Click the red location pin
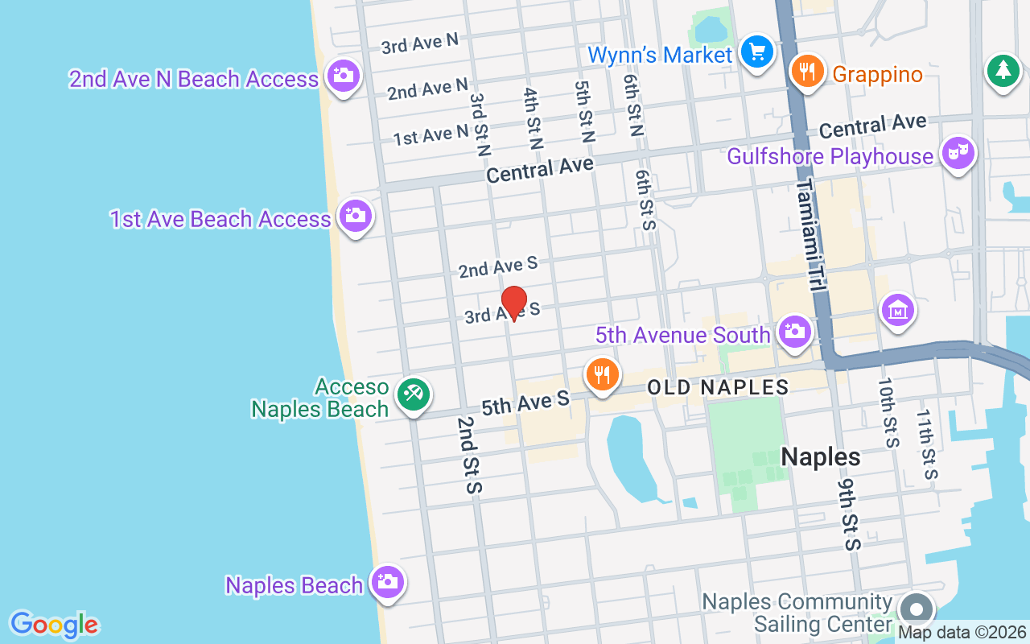click(513, 303)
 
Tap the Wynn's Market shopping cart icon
click(756, 52)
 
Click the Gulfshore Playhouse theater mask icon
click(958, 153)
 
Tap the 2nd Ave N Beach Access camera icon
click(344, 76)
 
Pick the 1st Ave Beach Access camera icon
click(355, 216)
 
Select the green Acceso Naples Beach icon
click(414, 394)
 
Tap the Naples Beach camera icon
click(387, 581)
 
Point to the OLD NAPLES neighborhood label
click(718, 388)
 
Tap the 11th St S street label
click(926, 444)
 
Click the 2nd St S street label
click(468, 455)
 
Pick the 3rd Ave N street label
click(419, 43)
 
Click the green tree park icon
click(1003, 71)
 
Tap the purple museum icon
click(898, 310)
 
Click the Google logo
click(54, 624)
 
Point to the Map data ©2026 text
click(962, 633)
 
